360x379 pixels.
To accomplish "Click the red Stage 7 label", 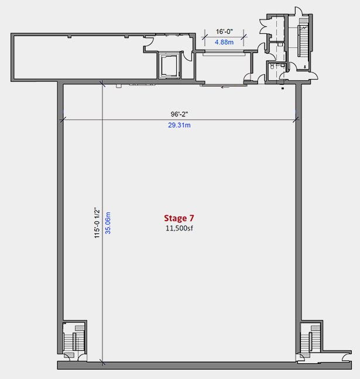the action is pyautogui.click(x=179, y=218).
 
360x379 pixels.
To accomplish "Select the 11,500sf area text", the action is pyautogui.click(x=179, y=228).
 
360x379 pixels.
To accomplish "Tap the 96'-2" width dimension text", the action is pyautogui.click(x=179, y=114).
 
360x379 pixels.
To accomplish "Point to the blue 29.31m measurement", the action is pyautogui.click(x=179, y=125).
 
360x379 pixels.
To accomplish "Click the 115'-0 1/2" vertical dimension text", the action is pyautogui.click(x=97, y=223).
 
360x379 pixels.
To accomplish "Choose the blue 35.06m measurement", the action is pyautogui.click(x=108, y=223).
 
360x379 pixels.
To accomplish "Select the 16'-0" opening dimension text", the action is pyautogui.click(x=224, y=32).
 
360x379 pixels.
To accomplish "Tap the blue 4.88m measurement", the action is pyautogui.click(x=224, y=42).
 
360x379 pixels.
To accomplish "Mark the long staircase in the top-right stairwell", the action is pyautogui.click(x=303, y=40).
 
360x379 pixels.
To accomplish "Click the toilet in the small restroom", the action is pyautogui.click(x=272, y=66).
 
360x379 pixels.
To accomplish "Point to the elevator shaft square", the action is pyautogui.click(x=169, y=66).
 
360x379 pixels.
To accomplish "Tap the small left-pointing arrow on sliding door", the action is pyautogui.click(x=225, y=87).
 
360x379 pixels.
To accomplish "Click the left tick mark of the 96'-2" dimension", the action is pyautogui.click(x=63, y=119).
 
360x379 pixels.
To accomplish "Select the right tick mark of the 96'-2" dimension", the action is pyautogui.click(x=296, y=119).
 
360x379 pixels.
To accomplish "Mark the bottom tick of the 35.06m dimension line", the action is pyautogui.click(x=102, y=362).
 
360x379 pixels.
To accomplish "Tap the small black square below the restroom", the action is pyautogui.click(x=283, y=88).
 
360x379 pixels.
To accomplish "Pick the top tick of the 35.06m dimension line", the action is pyautogui.click(x=102, y=84).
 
